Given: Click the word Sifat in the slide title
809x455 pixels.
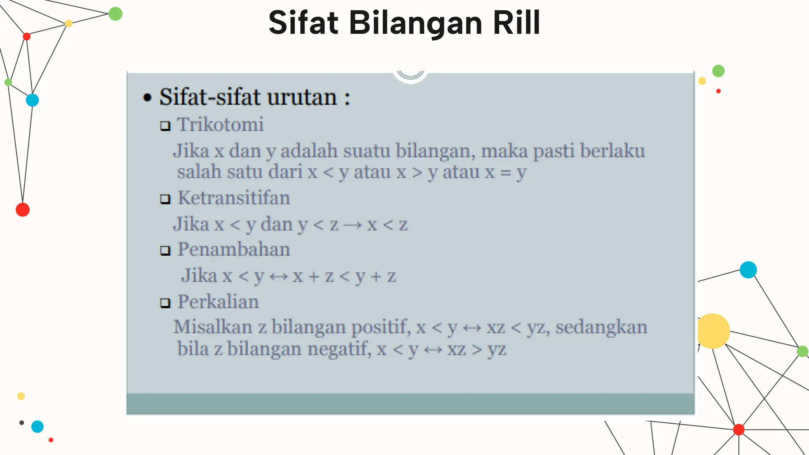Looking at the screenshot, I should click(303, 23).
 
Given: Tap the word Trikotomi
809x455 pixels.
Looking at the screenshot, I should click(220, 125).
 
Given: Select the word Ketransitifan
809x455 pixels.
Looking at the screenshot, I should click(234, 198).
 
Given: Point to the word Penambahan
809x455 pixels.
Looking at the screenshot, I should click(234, 250).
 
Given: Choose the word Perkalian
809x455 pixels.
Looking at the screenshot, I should click(218, 302).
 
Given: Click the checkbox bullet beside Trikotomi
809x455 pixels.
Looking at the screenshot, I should click(165, 126).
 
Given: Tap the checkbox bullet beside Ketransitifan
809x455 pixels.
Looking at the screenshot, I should click(165, 199).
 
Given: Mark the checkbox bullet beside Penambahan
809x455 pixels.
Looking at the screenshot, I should click(165, 250).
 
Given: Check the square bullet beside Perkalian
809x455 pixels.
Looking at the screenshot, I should click(165, 303).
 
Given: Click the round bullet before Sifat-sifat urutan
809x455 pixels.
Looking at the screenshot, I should click(147, 98).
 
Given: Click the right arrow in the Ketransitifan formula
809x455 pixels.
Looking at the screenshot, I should click(352, 225).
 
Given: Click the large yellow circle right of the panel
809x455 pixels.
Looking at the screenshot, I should click(712, 331).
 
